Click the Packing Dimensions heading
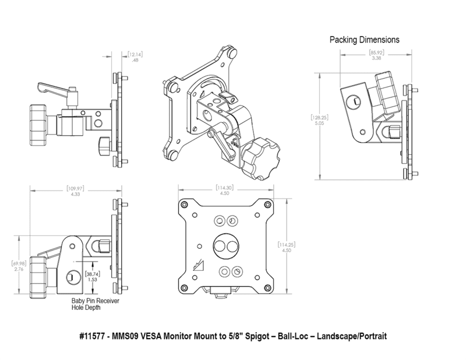[x=365, y=40]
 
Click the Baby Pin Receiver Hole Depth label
[x=91, y=303]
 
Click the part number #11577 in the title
[x=96, y=337]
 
